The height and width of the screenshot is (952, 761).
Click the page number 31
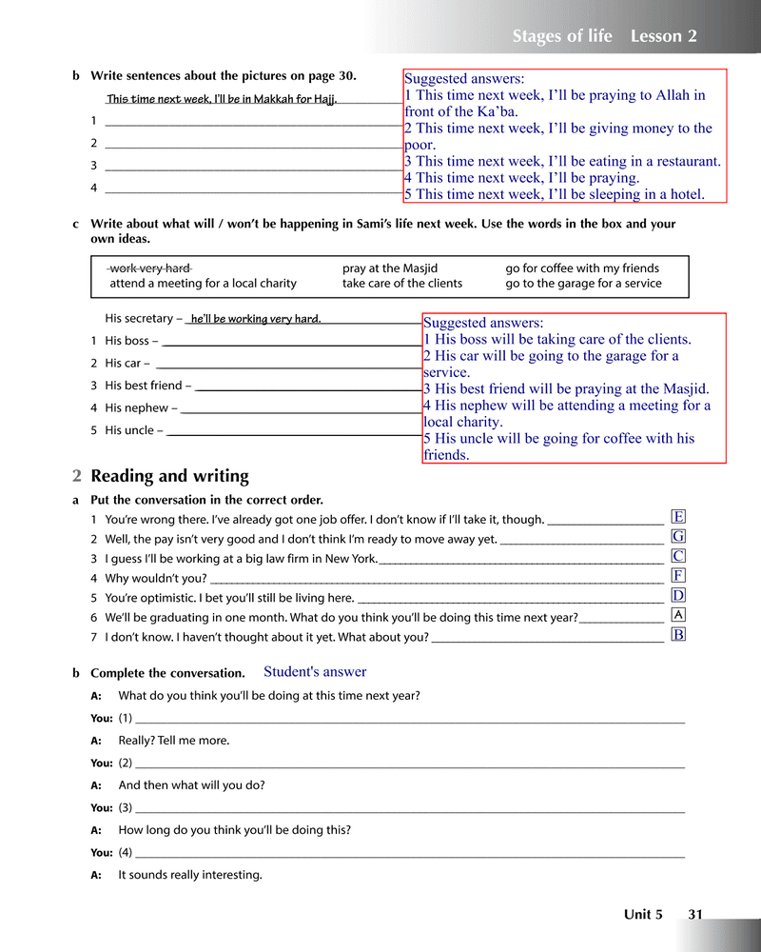pos(695,915)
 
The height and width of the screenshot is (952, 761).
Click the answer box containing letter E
pos(678,517)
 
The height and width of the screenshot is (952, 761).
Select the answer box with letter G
pos(678,537)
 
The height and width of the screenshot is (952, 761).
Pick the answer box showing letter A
pos(678,615)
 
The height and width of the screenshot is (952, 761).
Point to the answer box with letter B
pos(678,635)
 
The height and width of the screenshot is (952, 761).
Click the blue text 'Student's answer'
pos(315,672)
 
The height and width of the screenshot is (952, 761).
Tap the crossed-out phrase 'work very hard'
pos(150,268)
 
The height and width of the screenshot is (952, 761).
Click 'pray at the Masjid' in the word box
pos(390,268)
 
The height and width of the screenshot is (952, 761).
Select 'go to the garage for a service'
pos(583,283)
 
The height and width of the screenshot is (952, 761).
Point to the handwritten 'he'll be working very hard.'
pos(255,319)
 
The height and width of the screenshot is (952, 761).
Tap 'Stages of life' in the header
pos(562,37)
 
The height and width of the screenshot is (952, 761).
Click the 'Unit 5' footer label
pos(643,915)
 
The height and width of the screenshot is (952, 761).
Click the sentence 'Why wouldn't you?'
pos(156,578)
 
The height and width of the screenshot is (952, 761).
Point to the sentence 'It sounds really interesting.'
pos(190,875)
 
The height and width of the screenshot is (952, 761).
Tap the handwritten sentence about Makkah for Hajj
pos(222,99)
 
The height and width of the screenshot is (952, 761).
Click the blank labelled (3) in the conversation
pos(409,808)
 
